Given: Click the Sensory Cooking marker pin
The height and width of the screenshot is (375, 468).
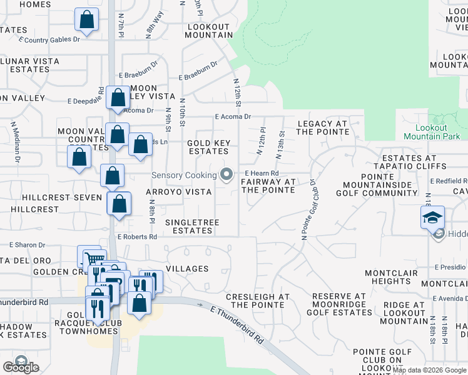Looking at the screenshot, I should [x=227, y=174].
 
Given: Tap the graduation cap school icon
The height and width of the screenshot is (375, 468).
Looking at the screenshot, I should [x=432, y=218].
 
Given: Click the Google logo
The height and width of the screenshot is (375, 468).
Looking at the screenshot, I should [x=21, y=367].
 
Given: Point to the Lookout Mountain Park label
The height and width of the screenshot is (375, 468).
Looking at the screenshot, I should [x=431, y=132].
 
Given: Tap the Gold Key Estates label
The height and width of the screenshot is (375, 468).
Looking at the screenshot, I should [x=208, y=147].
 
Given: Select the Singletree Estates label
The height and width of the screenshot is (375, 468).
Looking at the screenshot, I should [x=189, y=226].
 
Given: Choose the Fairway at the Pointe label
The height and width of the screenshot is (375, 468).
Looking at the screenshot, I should [x=268, y=186].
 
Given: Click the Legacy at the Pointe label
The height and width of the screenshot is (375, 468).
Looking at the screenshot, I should [x=322, y=127].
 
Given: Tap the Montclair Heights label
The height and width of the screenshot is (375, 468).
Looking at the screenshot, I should [x=387, y=277].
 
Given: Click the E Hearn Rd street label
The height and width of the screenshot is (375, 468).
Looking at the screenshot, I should [x=262, y=173].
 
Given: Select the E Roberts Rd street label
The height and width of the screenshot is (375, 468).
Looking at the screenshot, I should [x=137, y=237].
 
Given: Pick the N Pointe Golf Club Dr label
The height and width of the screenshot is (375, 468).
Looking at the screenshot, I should [x=307, y=209].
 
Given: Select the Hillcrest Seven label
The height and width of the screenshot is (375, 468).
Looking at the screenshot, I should [x=61, y=197].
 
